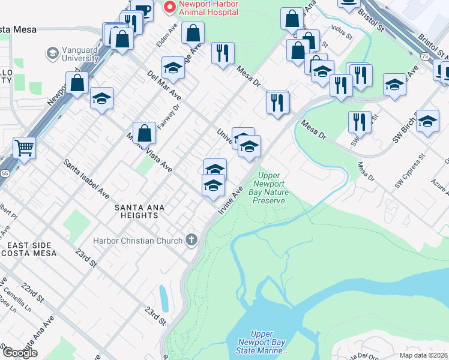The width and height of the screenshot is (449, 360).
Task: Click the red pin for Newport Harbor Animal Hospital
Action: [x=170, y=7]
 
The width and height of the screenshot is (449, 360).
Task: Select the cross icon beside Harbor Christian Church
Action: [x=191, y=241]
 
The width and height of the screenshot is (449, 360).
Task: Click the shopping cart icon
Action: [x=24, y=147]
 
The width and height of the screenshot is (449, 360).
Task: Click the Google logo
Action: [x=20, y=353]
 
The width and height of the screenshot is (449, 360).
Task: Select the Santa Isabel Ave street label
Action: [x=86, y=179]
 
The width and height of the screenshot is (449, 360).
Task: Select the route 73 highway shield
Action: [x=424, y=56]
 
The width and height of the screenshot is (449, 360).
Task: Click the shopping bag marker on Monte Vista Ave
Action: [x=144, y=134]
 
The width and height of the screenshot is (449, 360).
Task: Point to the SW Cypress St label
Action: [x=409, y=172]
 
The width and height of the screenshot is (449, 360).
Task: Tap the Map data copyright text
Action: [x=423, y=355]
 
